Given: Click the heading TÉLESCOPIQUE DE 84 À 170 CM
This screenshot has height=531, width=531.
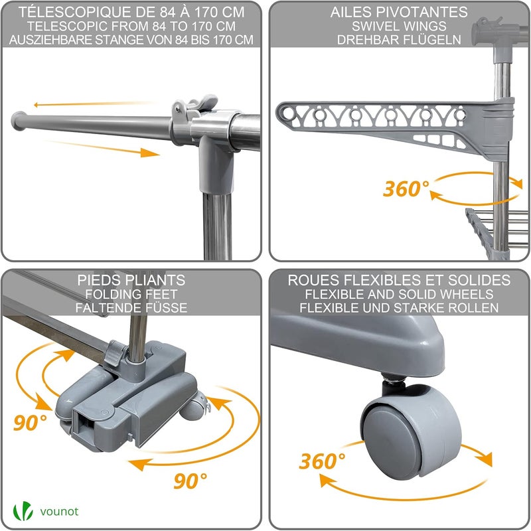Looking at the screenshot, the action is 131,12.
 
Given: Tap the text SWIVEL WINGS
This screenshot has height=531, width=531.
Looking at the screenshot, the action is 399,26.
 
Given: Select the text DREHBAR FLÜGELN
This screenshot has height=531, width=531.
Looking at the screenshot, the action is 399,40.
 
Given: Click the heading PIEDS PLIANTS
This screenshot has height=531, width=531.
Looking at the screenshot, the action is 131,280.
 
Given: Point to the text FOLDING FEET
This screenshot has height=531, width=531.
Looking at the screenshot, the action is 131,294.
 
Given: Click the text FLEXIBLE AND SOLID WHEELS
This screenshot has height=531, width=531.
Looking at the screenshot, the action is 399,294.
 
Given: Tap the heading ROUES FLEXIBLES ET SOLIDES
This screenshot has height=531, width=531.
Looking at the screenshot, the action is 399,280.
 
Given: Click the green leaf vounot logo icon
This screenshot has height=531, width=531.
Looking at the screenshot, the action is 23,511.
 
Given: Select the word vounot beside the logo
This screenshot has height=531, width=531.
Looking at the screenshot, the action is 59,511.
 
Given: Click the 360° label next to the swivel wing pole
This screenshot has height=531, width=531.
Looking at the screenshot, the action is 406,189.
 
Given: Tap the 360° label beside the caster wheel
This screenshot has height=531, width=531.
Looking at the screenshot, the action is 322,461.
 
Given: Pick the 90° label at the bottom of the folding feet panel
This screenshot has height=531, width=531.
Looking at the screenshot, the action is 190,481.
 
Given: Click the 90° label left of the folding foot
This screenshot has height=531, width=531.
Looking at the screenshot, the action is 30,422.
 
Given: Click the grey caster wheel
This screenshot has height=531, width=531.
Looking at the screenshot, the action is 412,433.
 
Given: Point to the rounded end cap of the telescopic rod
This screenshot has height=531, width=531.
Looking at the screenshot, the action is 19,121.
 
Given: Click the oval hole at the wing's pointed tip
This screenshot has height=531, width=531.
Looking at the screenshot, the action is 288,113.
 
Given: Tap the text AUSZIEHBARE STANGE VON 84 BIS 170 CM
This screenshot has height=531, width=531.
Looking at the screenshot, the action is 131,40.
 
